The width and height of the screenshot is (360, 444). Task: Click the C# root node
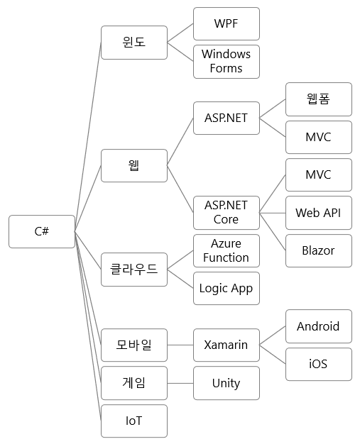click(42, 232)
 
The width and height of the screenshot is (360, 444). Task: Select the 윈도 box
click(134, 43)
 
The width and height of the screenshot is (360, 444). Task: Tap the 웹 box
click(134, 166)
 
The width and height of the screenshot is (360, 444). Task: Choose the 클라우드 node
click(134, 270)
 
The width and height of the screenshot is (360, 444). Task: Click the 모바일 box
click(134, 345)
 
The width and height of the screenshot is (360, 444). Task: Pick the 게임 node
click(134, 383)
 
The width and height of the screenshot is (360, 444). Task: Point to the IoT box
click(134, 421)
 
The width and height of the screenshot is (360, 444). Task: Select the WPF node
click(227, 24)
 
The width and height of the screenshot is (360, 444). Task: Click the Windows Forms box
click(227, 62)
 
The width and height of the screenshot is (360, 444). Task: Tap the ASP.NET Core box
click(227, 212)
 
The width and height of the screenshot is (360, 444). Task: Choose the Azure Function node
click(227, 250)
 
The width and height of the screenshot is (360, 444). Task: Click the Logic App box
click(227, 289)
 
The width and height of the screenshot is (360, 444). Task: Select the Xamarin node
click(227, 345)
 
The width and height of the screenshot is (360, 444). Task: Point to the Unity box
click(227, 383)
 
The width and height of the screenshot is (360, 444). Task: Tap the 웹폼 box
click(319, 99)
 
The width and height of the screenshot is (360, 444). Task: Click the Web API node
click(319, 213)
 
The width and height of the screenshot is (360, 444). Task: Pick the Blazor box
click(319, 250)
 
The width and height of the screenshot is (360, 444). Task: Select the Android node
click(319, 326)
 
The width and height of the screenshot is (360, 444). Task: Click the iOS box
click(319, 365)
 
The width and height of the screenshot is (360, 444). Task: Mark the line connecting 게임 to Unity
click(180, 383)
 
